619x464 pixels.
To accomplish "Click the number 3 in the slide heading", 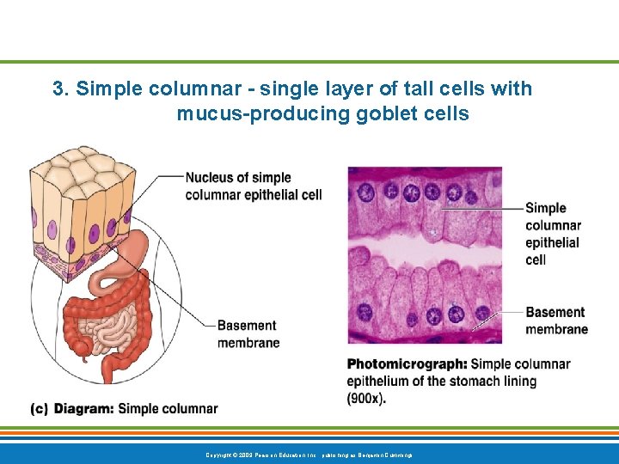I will [x=58, y=89].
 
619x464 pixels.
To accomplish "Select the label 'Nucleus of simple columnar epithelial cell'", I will [x=253, y=186].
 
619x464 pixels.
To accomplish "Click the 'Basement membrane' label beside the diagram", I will [x=247, y=334].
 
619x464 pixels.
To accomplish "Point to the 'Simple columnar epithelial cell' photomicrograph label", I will [x=552, y=233].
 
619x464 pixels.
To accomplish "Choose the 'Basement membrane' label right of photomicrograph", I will [x=556, y=321].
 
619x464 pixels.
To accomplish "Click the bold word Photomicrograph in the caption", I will [x=406, y=364].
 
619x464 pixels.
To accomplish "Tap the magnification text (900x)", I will [x=366, y=398].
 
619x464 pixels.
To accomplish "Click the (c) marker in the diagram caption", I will [x=39, y=409].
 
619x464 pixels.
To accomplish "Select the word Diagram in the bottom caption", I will [x=83, y=409].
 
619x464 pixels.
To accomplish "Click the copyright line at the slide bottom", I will [x=309, y=454].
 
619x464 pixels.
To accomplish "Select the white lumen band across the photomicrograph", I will [x=424, y=248].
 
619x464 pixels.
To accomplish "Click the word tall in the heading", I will [x=424, y=89].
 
